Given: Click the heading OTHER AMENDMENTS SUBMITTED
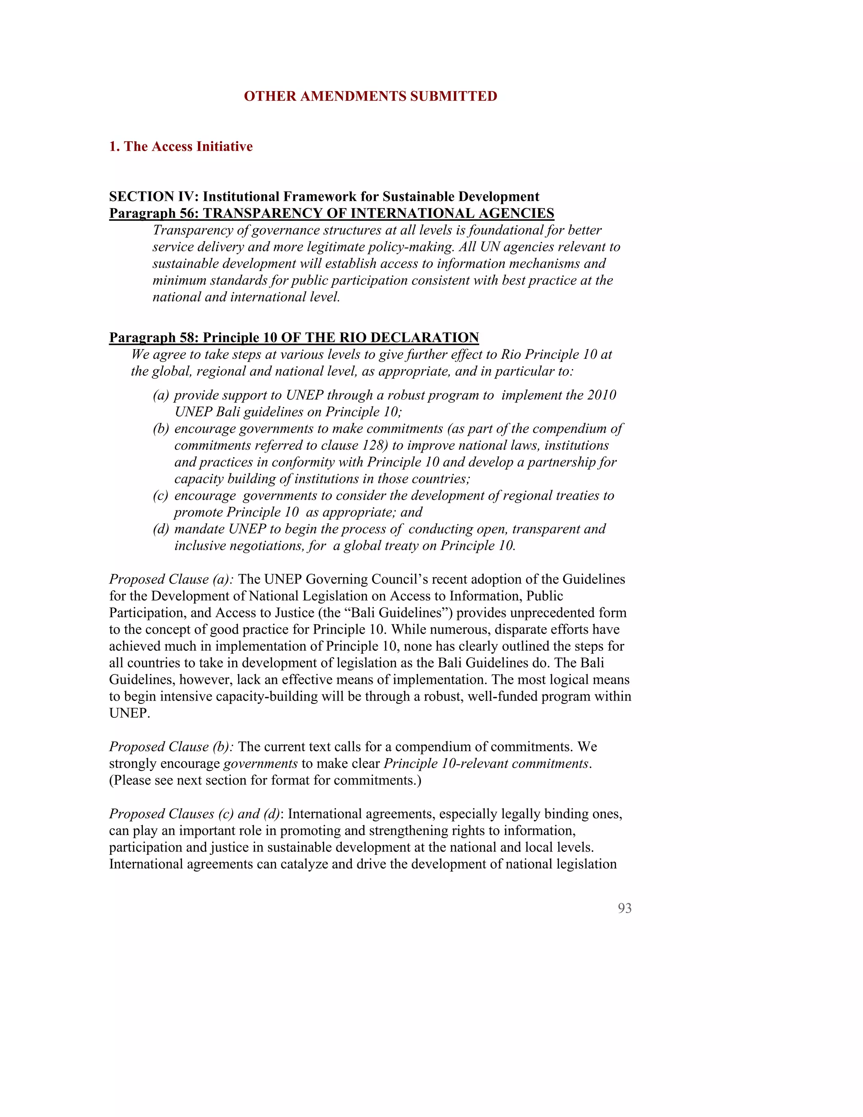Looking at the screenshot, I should tap(370, 96).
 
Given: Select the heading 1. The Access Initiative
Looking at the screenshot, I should tap(180, 146).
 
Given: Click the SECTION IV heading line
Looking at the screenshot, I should tap(324, 196).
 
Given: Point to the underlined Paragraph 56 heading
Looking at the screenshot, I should tap(331, 213).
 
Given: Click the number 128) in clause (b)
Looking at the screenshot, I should tap(374, 446).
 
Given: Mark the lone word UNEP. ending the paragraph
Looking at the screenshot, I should tap(129, 714).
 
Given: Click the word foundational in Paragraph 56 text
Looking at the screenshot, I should tap(520, 230).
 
